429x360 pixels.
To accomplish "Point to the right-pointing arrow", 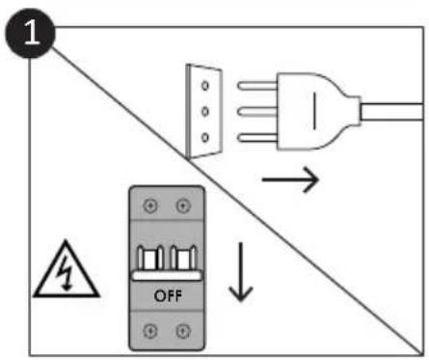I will pos(290,180).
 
